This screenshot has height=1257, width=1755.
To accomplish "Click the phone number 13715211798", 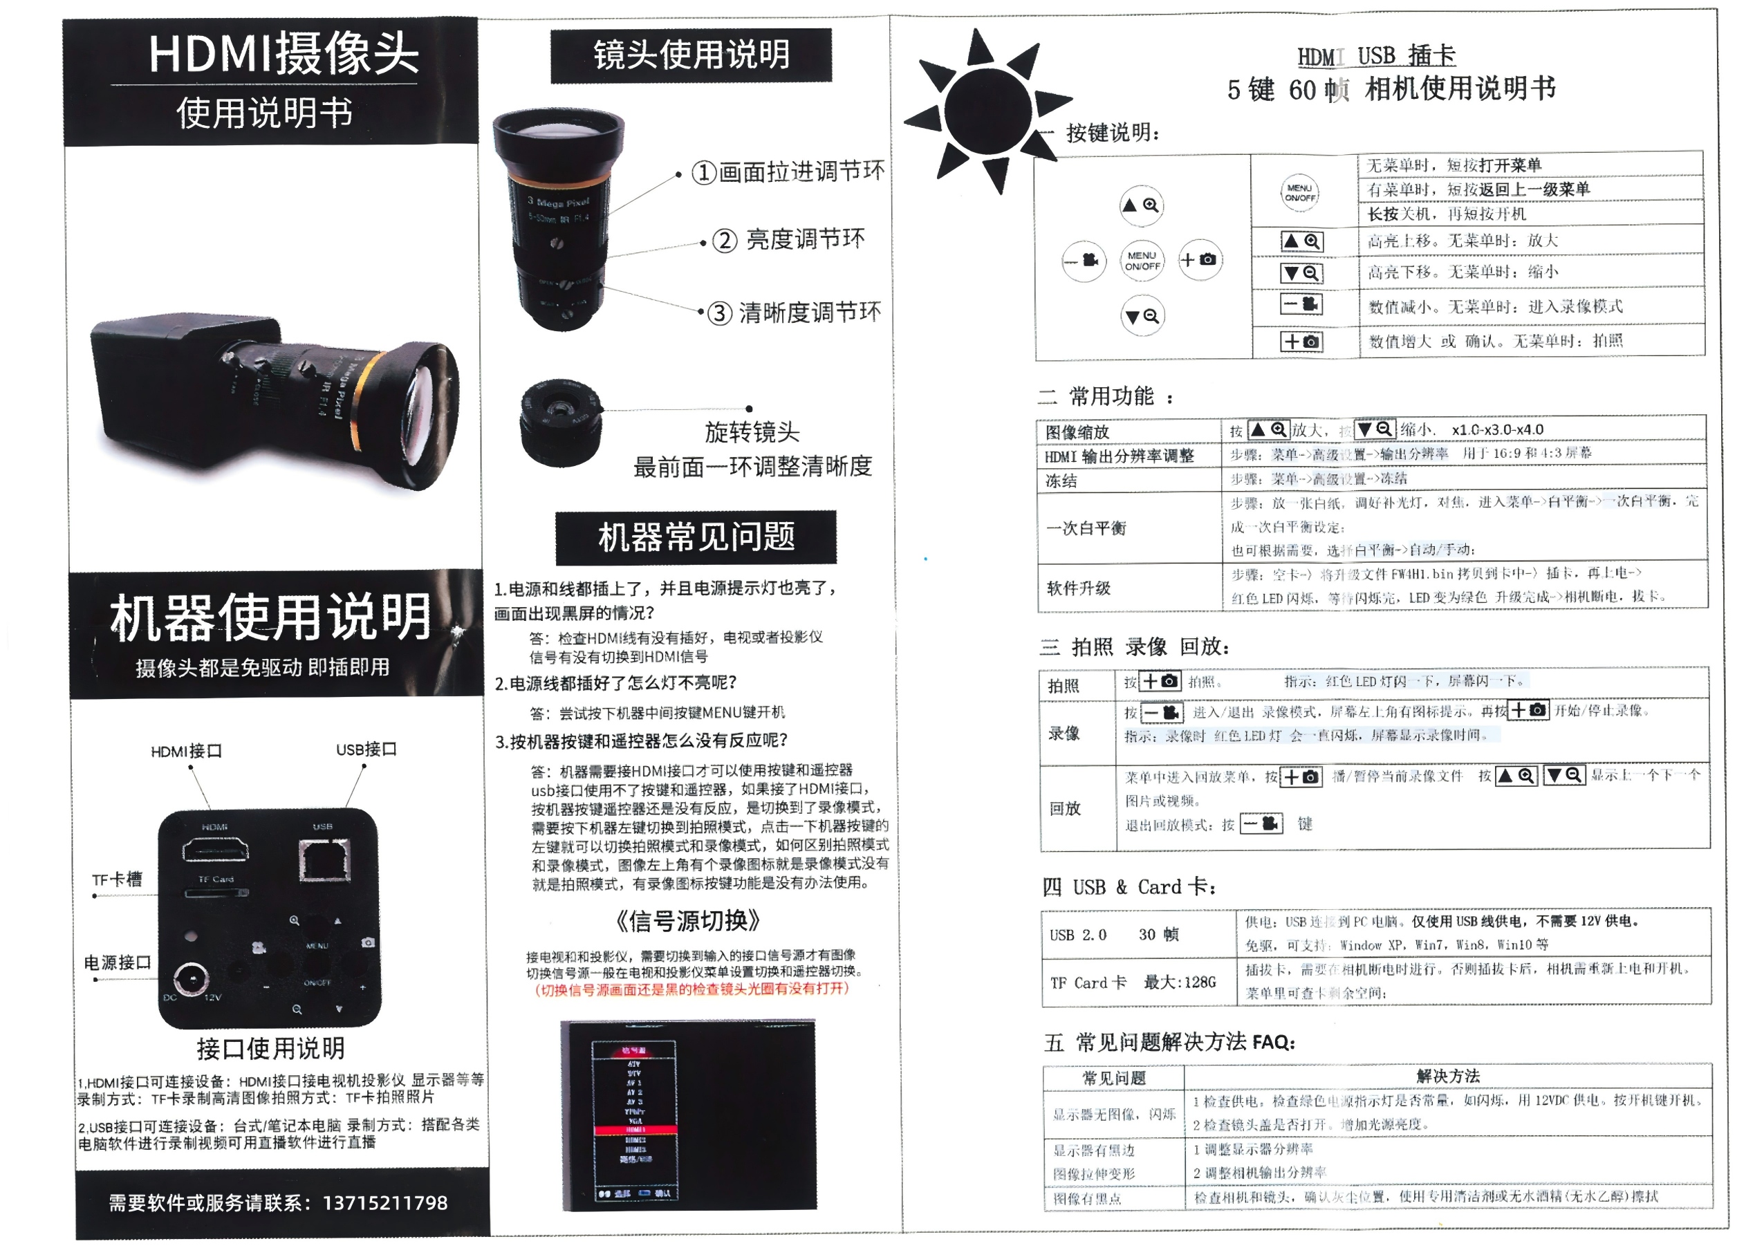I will pos(384,1203).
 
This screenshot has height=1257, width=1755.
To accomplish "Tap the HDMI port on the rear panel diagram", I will pos(215,852).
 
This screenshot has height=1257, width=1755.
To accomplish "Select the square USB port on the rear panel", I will pos(324,859).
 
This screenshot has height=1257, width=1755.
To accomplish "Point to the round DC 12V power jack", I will pos(190,980).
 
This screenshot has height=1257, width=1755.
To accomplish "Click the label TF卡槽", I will pos(117,879).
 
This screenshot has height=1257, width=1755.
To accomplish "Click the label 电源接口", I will pos(117,963).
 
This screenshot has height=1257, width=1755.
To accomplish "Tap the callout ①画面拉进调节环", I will pos(787,171).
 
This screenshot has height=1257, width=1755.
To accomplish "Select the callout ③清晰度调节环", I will pos(795,313).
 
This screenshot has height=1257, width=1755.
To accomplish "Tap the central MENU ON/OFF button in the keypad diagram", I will pos(1142,261).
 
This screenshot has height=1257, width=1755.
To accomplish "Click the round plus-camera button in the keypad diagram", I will pos(1200,260).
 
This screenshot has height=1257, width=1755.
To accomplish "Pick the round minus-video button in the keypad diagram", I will pos(1084,261).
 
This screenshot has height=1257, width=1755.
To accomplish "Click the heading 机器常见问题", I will pos(696,537).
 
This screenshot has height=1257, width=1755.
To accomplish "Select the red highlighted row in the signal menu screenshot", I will pos(635,1130).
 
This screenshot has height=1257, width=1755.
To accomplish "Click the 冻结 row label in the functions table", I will pos(1061,481).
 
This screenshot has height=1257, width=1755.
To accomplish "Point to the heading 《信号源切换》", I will pos(688,920).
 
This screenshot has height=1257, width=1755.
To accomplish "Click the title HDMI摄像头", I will pos(284,54).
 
